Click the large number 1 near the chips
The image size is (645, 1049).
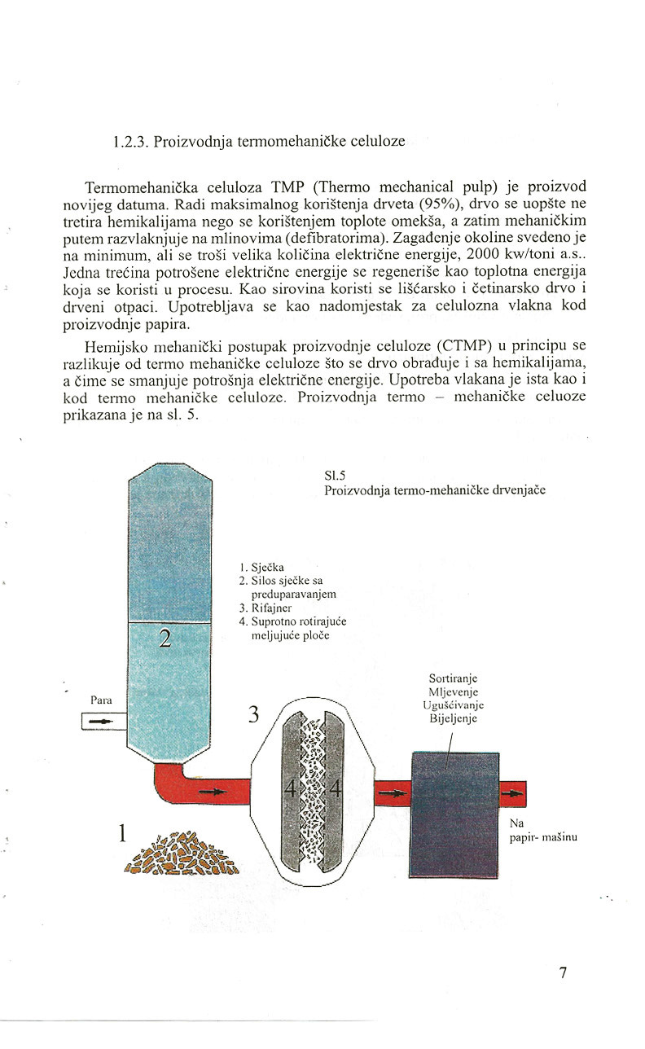[123, 833]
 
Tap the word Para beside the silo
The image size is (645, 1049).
[101, 700]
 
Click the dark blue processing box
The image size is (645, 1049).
[453, 814]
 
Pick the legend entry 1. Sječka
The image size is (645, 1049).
[263, 568]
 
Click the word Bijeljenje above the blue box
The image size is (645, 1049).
[452, 718]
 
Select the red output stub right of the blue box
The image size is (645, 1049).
[513, 792]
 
